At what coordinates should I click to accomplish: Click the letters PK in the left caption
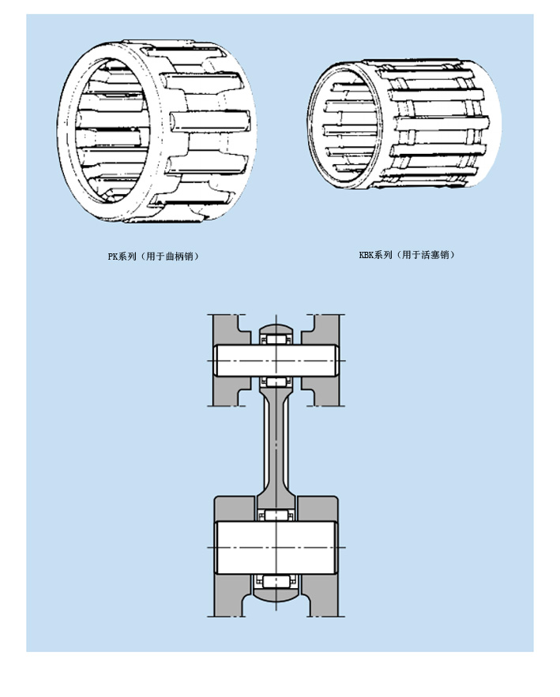tap(113, 256)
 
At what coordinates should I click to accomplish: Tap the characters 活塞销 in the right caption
tap(437, 255)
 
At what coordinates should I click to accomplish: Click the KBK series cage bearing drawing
tap(404, 125)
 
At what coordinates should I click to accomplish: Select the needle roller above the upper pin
tap(277, 339)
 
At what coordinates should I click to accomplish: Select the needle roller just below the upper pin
tap(277, 382)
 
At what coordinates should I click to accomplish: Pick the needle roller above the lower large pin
tap(277, 515)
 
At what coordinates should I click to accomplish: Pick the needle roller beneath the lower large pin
tap(277, 581)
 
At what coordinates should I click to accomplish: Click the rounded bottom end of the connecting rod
tap(277, 594)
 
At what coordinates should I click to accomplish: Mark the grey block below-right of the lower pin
tap(322, 590)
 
